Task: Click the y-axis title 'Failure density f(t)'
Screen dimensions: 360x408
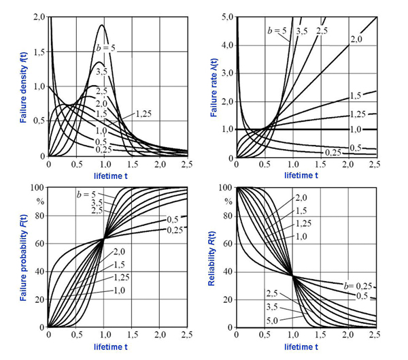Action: pyautogui.click(x=23, y=89)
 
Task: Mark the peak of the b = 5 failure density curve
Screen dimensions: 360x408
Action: pyautogui.click(x=103, y=25)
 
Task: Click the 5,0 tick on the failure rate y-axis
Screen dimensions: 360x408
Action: pyautogui.click(x=228, y=16)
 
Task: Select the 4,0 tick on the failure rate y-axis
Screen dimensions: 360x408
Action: pyautogui.click(x=228, y=44)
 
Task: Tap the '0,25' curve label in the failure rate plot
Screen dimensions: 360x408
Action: pyautogui.click(x=333, y=151)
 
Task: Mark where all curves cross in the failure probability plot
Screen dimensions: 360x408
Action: pyautogui.click(x=103, y=239)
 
